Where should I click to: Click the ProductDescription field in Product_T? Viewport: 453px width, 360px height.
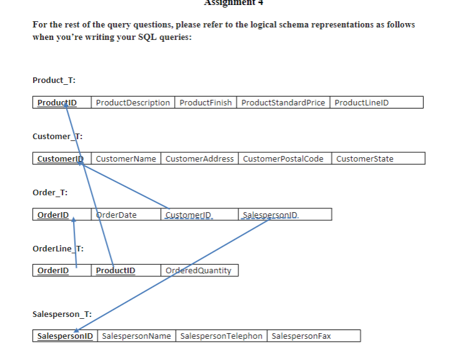133,102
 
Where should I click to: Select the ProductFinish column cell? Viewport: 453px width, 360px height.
205,102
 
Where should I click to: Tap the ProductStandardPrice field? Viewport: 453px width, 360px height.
283,102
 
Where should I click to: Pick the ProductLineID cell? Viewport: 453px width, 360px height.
362,102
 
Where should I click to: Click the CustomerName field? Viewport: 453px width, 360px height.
127,158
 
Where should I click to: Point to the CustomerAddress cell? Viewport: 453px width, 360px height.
199,158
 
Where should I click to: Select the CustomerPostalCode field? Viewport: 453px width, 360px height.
283,158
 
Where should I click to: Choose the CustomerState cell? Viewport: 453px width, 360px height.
365,158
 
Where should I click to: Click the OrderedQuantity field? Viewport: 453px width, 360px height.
199,270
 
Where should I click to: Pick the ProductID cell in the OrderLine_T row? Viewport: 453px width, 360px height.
115,270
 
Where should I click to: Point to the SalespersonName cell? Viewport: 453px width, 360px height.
136,336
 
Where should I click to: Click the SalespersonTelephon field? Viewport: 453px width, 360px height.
221,336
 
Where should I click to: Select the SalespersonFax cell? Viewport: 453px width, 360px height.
303,336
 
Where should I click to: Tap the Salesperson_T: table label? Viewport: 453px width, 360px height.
62,314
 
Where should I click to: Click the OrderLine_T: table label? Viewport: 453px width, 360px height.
58,248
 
